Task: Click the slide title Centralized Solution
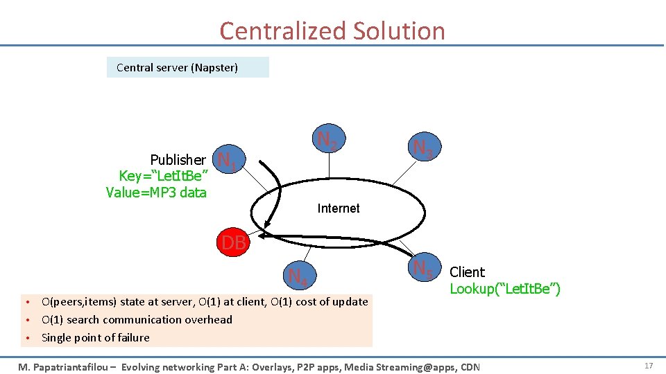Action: coord(332,31)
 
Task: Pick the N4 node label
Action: coord(298,276)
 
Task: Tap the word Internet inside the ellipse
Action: coord(339,208)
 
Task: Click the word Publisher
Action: coord(178,160)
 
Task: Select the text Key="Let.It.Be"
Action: coord(164,177)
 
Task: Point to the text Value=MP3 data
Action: coord(156,193)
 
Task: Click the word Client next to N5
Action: coord(468,272)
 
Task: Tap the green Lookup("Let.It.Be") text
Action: coord(505,289)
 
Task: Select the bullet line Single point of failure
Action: coord(96,338)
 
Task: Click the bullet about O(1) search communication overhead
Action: coord(137,320)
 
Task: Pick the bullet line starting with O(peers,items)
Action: coord(205,302)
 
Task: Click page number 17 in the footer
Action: coord(649,365)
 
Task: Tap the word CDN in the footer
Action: coord(468,366)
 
